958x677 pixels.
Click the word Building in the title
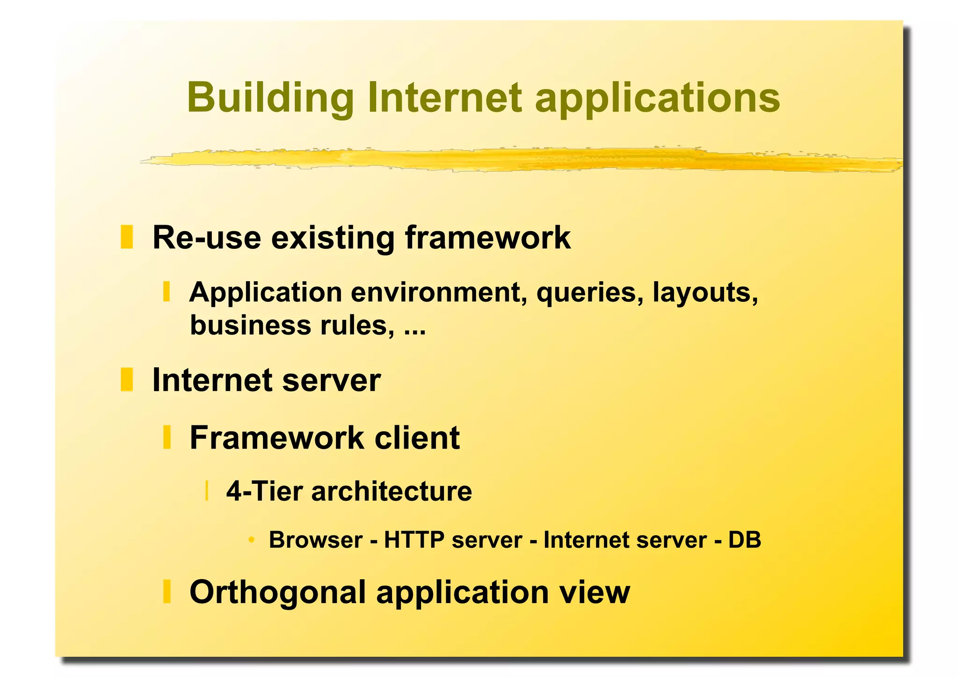[x=270, y=98]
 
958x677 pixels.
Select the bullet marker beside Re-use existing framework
[x=127, y=237]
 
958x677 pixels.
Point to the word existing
[x=333, y=238]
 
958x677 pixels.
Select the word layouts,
[x=705, y=292]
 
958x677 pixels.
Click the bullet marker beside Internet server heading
[x=127, y=379]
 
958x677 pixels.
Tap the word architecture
[x=392, y=491]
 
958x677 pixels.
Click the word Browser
[x=316, y=540]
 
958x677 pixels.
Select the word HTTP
[x=414, y=540]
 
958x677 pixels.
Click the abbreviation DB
[x=745, y=540]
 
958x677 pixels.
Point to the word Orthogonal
[x=277, y=592]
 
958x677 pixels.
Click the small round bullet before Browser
[x=252, y=540]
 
